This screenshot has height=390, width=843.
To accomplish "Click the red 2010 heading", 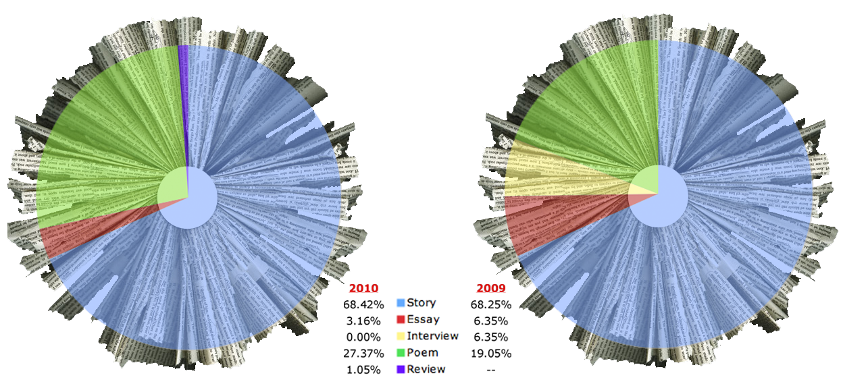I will click(x=364, y=287).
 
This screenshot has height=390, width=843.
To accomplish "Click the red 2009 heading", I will click(x=490, y=287).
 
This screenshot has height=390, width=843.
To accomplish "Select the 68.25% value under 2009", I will click(x=490, y=304).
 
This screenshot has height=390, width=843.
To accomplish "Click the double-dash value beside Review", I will click(x=490, y=370).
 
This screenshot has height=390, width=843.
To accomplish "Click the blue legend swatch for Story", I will click(x=401, y=304).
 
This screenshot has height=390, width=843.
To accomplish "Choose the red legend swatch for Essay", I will click(x=401, y=320).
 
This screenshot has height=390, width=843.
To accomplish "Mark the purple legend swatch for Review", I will click(x=401, y=369).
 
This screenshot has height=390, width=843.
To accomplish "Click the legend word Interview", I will click(x=433, y=336).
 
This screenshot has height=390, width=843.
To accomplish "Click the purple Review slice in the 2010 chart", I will click(x=183, y=101).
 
